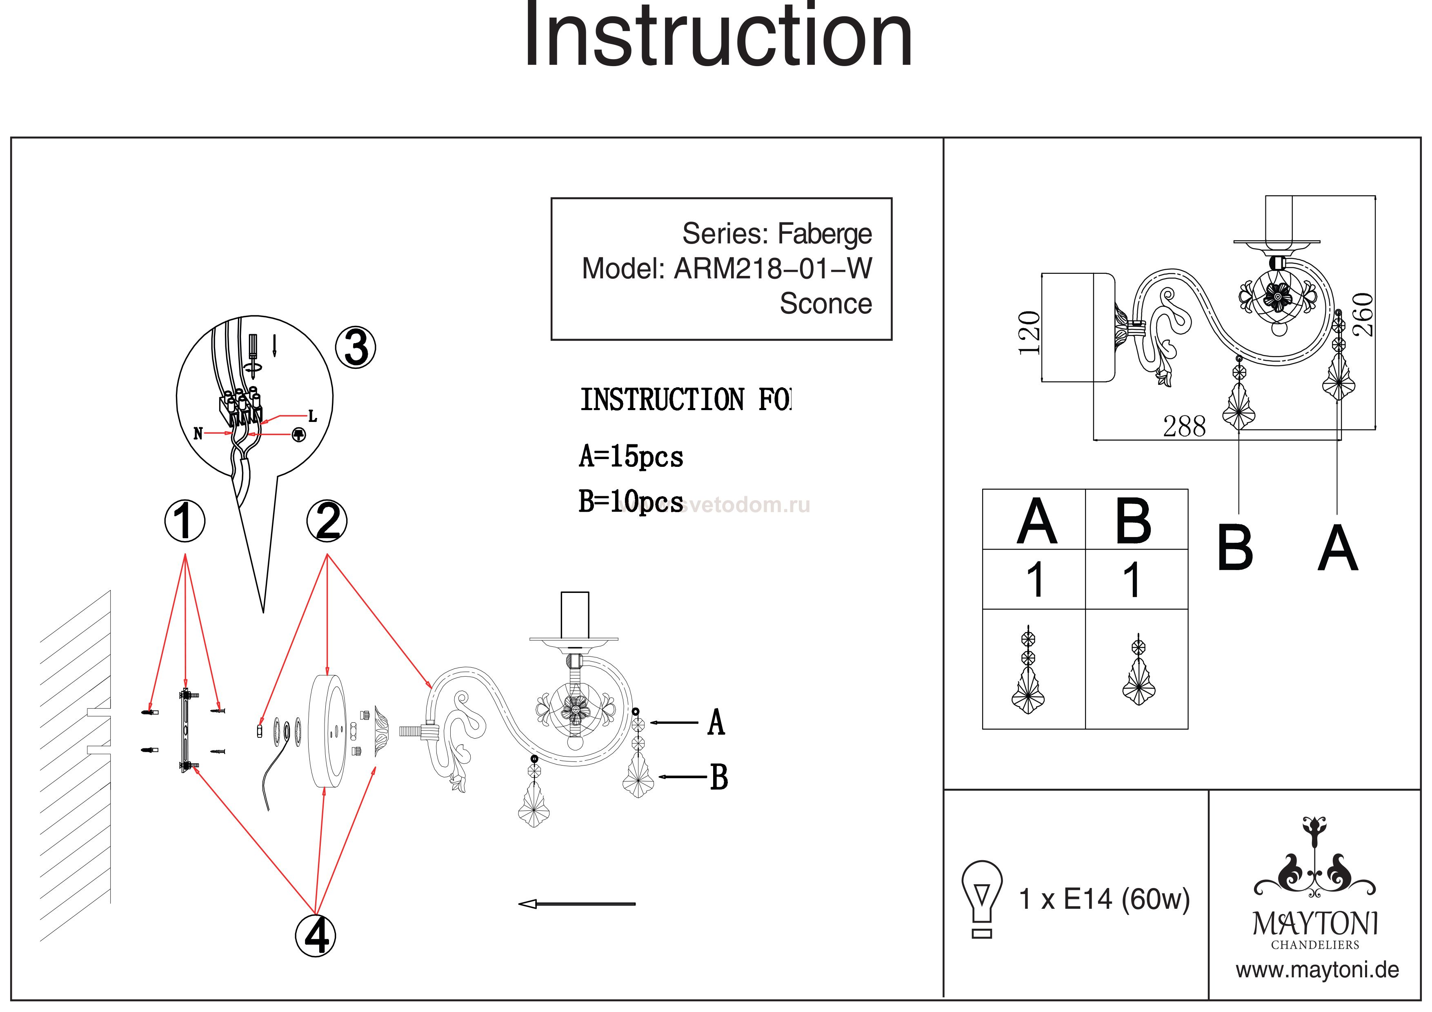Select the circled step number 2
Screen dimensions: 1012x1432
pyautogui.click(x=327, y=521)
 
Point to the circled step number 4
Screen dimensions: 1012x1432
pyautogui.click(x=316, y=935)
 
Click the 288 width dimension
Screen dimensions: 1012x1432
pyautogui.click(x=1184, y=427)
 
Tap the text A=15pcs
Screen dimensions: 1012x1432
pyautogui.click(x=631, y=457)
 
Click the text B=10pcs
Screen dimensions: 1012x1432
pyautogui.click(x=631, y=502)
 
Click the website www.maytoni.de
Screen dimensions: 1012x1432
pyautogui.click(x=1317, y=970)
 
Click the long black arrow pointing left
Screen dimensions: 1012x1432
pyautogui.click(x=577, y=903)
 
